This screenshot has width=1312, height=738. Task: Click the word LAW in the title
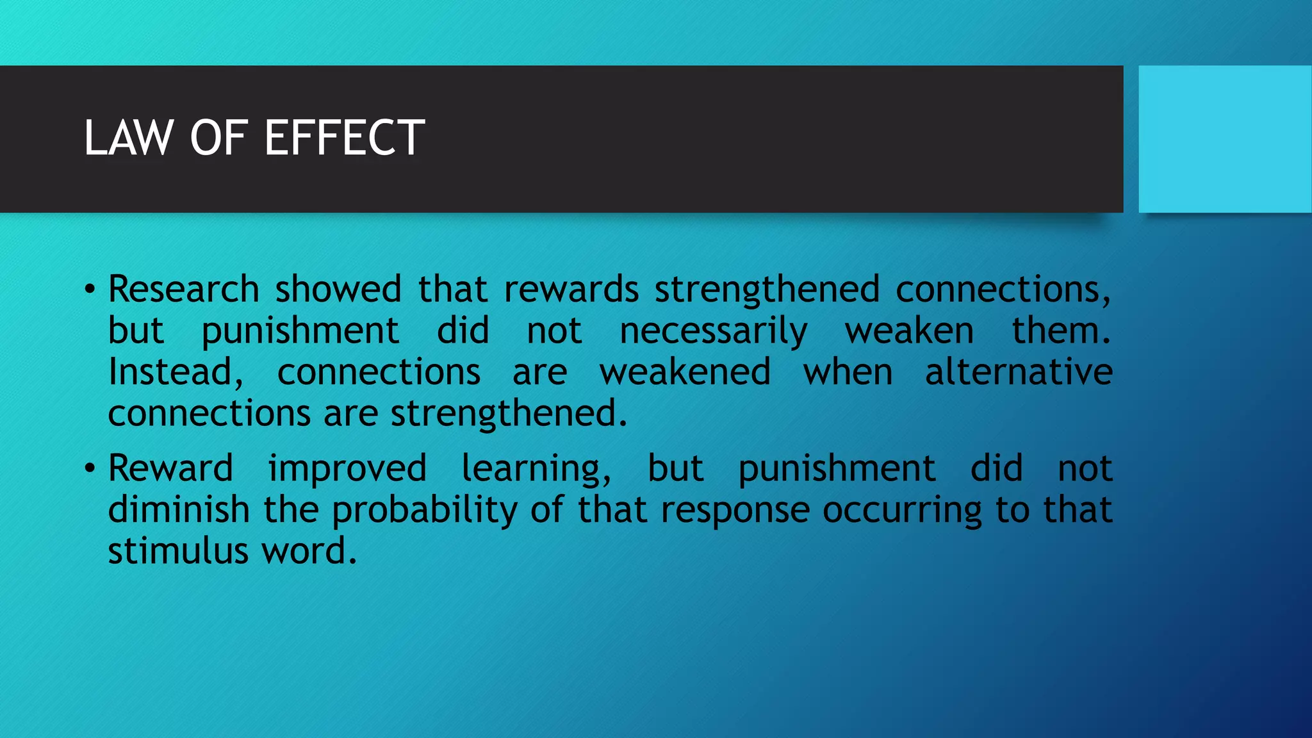(x=129, y=138)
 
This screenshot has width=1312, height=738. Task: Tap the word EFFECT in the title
(x=344, y=138)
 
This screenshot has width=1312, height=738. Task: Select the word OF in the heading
(x=218, y=138)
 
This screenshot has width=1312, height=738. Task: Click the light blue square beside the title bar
(x=1224, y=139)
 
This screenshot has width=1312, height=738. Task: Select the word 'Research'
(x=183, y=289)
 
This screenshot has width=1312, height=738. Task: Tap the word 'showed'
(x=338, y=289)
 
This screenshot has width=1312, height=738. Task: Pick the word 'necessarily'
(x=713, y=332)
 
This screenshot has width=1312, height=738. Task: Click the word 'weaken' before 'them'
(x=909, y=331)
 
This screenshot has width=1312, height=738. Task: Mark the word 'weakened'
(x=685, y=372)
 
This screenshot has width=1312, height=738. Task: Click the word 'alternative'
(x=1019, y=372)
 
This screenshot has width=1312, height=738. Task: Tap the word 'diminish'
(x=179, y=509)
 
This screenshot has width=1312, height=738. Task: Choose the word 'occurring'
(x=902, y=511)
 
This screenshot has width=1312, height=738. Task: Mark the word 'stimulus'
(x=177, y=551)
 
